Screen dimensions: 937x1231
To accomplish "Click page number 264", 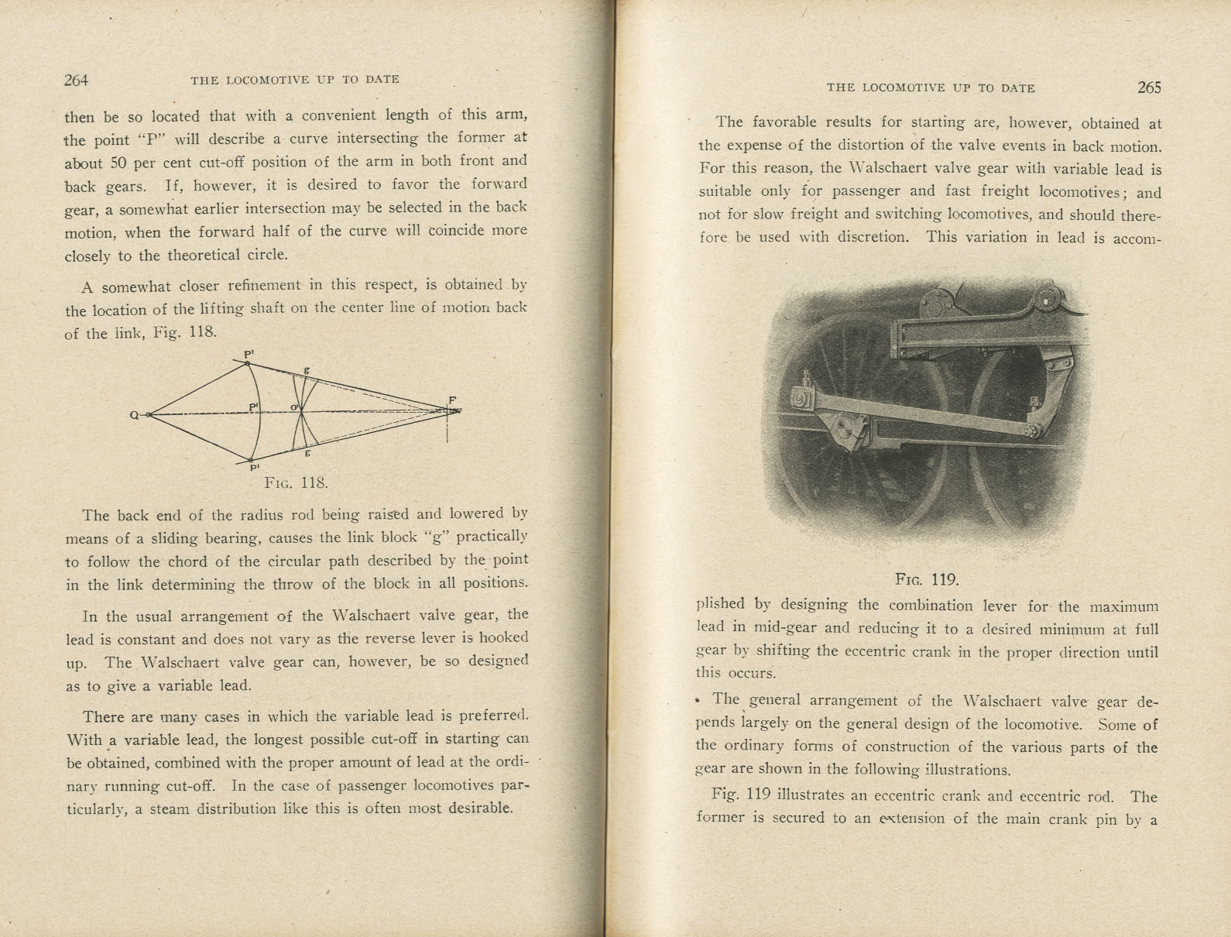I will [77, 80].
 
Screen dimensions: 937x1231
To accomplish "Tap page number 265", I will [1149, 88].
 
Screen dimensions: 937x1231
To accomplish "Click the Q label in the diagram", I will [134, 416].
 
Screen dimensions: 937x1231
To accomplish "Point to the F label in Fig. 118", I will [452, 400].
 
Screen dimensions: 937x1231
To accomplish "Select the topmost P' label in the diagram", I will [249, 355].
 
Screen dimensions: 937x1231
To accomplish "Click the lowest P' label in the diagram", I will [254, 468].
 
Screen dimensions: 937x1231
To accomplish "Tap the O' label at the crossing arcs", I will [294, 408].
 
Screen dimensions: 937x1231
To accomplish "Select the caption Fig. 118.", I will [296, 482].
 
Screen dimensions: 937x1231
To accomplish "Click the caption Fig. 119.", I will [927, 579].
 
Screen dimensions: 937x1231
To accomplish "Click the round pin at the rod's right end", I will [1033, 431].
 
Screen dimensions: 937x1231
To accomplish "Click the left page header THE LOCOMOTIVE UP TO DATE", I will [295, 79].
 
